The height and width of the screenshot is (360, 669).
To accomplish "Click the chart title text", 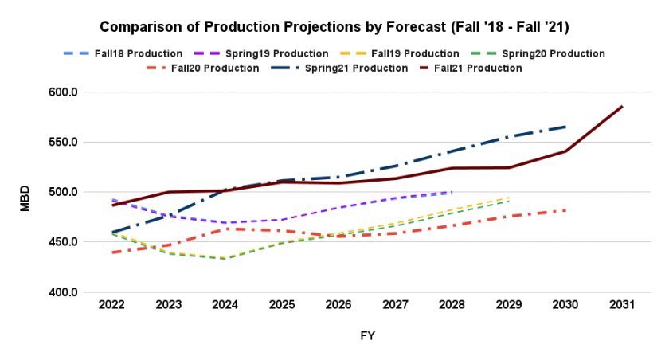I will tap(334, 27).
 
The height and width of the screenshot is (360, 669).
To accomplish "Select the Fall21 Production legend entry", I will tap(470, 68).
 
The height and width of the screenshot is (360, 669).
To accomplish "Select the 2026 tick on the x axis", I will tap(339, 306).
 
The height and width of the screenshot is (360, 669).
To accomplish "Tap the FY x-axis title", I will tap(367, 336).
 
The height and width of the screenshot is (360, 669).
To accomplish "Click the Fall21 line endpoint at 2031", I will tap(623, 106).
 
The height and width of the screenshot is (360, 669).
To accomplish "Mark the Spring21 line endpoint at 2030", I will tap(566, 127).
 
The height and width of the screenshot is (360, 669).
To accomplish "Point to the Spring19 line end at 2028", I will tap(452, 192).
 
